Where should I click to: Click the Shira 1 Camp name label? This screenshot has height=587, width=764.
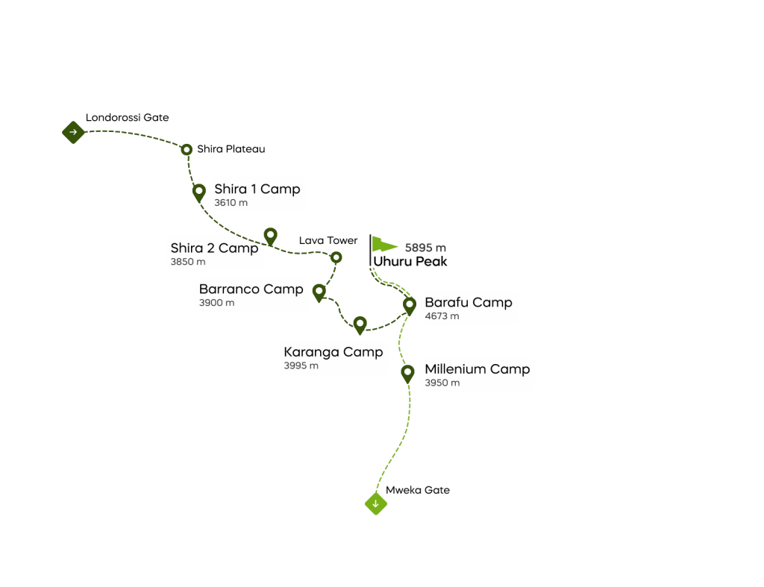pos(257,189)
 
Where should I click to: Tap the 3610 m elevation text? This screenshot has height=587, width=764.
pos(231,203)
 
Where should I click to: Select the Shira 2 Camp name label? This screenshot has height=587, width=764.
pos(214,248)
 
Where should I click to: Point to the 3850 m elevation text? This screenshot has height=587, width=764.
pos(187,262)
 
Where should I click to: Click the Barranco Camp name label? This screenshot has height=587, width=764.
pos(251,289)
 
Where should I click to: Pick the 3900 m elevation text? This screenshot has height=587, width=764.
pos(216,303)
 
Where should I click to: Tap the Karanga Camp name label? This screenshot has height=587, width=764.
pos(333,352)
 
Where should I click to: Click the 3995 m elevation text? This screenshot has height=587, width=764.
pos(301,366)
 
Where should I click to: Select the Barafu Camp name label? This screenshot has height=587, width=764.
pos(468,303)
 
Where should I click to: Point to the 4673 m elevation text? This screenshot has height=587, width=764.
pos(442,316)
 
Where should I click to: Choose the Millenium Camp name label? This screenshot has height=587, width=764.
pos(477,369)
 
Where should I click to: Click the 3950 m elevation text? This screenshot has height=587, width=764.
pos(442,383)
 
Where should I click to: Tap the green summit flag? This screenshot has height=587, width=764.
pos(383,245)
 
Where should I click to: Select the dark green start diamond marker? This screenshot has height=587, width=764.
pos(72,132)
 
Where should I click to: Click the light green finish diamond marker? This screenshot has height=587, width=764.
pos(376,503)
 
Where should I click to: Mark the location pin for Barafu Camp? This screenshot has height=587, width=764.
pos(409,304)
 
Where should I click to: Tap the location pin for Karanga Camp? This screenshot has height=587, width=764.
pos(360,324)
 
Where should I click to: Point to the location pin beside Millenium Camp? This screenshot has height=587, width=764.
pos(407,372)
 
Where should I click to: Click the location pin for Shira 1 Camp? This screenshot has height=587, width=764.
pos(199,192)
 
